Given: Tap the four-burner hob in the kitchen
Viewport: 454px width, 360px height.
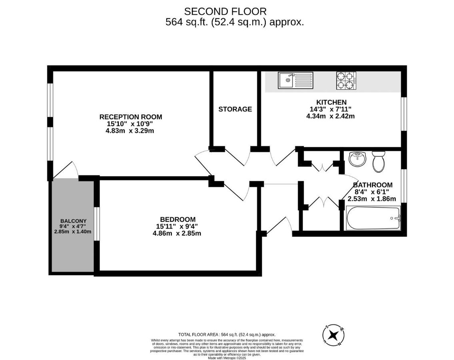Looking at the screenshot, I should tap(346, 80).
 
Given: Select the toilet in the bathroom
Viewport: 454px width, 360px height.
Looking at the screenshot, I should tap(378, 161).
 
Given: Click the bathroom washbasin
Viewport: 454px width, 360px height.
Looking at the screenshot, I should tap(357, 159).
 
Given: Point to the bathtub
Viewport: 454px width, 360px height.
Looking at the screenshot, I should tap(373, 218).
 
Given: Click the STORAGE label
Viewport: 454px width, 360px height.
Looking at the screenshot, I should tap(235, 109).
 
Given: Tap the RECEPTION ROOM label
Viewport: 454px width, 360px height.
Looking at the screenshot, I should tap(131, 117).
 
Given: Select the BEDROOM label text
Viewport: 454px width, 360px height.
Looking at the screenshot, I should tap(177, 219).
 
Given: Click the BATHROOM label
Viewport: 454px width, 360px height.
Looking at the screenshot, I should tap(372, 185).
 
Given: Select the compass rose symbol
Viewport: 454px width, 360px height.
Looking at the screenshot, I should tap(334, 335).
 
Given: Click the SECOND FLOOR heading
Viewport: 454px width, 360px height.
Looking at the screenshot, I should tap(225, 12).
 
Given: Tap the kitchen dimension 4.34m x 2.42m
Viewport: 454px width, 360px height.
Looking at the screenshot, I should tap(330, 116).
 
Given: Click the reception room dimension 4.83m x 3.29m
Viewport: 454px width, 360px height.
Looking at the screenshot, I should tap(130, 131).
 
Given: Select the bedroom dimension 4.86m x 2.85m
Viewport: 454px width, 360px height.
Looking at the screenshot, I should tap(177, 233).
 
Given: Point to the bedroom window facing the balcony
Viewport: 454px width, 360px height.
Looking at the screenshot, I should tap(96, 224).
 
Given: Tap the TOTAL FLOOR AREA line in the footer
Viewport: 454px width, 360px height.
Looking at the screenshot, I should tap(227, 334).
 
